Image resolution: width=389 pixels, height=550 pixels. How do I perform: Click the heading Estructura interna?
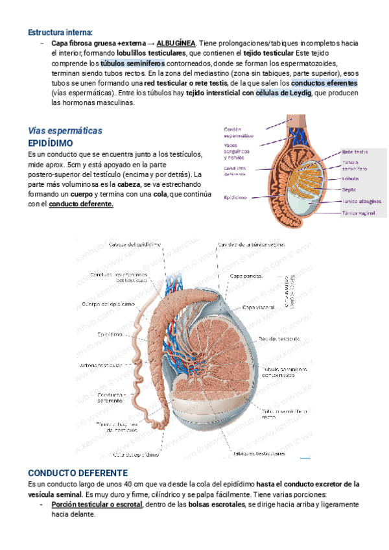tap(60, 32)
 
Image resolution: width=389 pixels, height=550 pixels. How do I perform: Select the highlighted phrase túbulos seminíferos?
tap(132, 64)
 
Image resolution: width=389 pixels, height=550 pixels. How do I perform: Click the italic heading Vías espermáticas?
tap(65, 130)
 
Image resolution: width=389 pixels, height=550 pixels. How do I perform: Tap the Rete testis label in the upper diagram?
tap(355, 152)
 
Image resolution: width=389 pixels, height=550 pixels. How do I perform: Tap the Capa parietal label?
tap(246, 276)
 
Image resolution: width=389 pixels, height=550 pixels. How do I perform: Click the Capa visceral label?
tap(257, 307)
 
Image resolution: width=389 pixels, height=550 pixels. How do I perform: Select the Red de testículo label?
tap(279, 339)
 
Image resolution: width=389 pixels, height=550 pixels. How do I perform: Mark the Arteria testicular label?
tap(102, 366)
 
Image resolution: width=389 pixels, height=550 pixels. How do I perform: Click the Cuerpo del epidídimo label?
tap(108, 304)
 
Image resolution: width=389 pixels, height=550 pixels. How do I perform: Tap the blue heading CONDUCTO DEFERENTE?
tap(78, 473)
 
